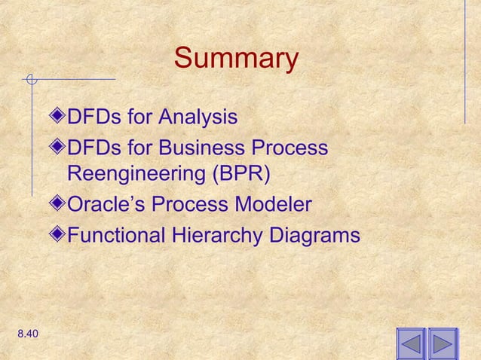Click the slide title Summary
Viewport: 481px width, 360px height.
click(x=236, y=58)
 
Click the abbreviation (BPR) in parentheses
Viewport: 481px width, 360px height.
click(x=239, y=175)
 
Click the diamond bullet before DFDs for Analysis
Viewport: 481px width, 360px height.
click(x=60, y=117)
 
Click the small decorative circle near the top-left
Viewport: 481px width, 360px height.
click(x=30, y=78)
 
